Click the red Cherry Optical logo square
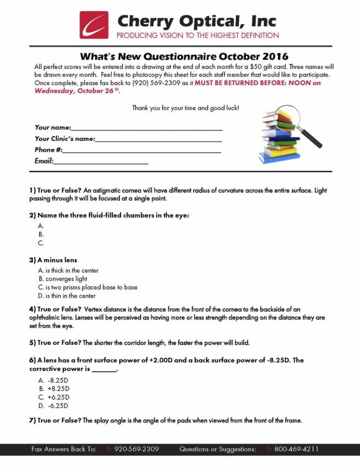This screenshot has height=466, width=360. (x=94, y=24)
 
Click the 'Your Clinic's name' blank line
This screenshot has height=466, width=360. (x=159, y=139)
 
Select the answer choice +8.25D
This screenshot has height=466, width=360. (x=58, y=388)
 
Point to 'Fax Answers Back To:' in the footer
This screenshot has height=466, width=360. (x=64, y=449)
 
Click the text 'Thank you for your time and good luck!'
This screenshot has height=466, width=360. (x=185, y=108)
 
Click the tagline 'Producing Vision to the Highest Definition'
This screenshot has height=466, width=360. (x=198, y=36)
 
